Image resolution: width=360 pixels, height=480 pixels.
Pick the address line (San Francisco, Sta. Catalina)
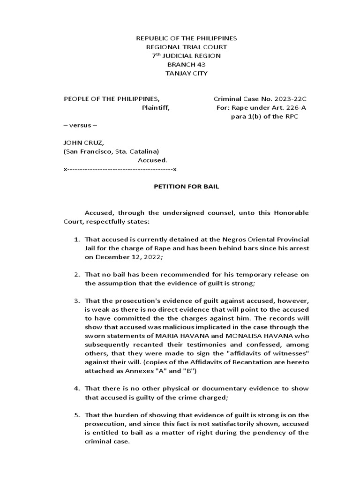111,151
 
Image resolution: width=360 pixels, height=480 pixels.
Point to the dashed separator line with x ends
120,169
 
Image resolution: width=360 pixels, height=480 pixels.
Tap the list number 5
77,415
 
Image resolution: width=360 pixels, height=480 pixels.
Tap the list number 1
77,239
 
